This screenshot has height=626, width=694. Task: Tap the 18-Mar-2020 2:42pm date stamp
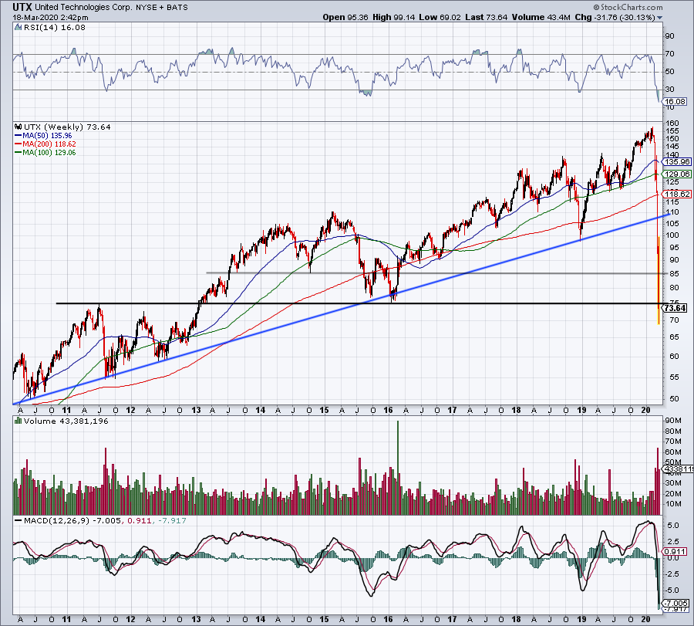tap(39, 17)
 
